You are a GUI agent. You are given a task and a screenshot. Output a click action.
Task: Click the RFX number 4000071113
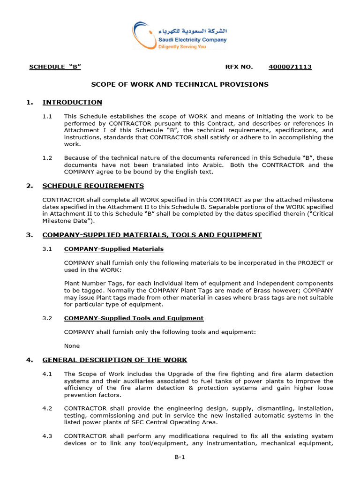290,67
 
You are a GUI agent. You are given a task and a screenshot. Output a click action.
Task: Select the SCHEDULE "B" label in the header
55,67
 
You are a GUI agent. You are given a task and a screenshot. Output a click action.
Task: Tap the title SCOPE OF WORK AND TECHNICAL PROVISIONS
180,84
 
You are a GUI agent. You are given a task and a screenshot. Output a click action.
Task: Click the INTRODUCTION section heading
72,102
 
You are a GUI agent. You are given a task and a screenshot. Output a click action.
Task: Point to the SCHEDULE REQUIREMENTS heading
93,186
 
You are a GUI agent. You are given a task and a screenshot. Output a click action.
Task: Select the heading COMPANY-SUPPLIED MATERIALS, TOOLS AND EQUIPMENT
152,235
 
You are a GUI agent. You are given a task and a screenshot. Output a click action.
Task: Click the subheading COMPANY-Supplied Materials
114,249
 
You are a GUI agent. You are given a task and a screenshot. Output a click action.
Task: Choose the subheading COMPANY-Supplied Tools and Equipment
134,318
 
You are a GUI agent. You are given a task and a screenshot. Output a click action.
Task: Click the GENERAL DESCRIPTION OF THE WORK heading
114,360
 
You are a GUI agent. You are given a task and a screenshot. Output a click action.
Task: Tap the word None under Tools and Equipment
72,346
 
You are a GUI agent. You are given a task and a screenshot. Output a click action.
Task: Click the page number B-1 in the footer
180,458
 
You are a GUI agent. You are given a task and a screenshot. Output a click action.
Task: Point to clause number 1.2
47,158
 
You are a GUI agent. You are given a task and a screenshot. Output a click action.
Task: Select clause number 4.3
47,436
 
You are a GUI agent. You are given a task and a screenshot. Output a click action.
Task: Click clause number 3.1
47,249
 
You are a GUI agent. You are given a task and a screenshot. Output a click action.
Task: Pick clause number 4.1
47,374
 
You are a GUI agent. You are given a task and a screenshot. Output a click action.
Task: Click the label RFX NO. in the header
239,67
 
